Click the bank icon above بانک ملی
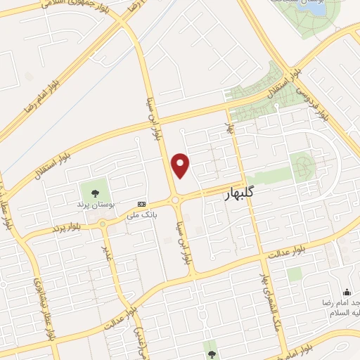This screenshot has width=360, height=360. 143,202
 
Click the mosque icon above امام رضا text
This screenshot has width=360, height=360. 345,292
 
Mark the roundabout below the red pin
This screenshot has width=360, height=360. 178,200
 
